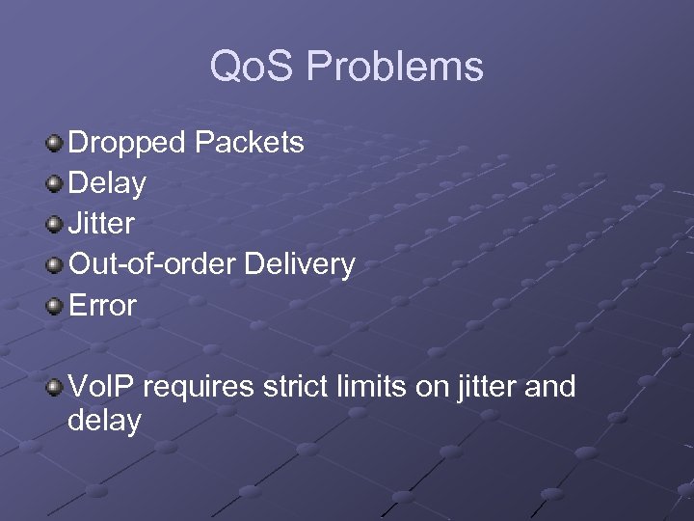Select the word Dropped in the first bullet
coord(127,144)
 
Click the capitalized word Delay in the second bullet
coord(107,183)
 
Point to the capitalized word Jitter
coord(101,224)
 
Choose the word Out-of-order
coord(152,264)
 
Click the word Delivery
coord(300,264)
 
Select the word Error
coord(102,305)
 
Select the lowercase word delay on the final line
coord(104,422)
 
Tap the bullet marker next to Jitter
coord(54,225)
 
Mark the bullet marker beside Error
coord(54,306)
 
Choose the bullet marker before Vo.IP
coord(54,388)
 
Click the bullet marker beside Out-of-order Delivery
coord(54,265)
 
